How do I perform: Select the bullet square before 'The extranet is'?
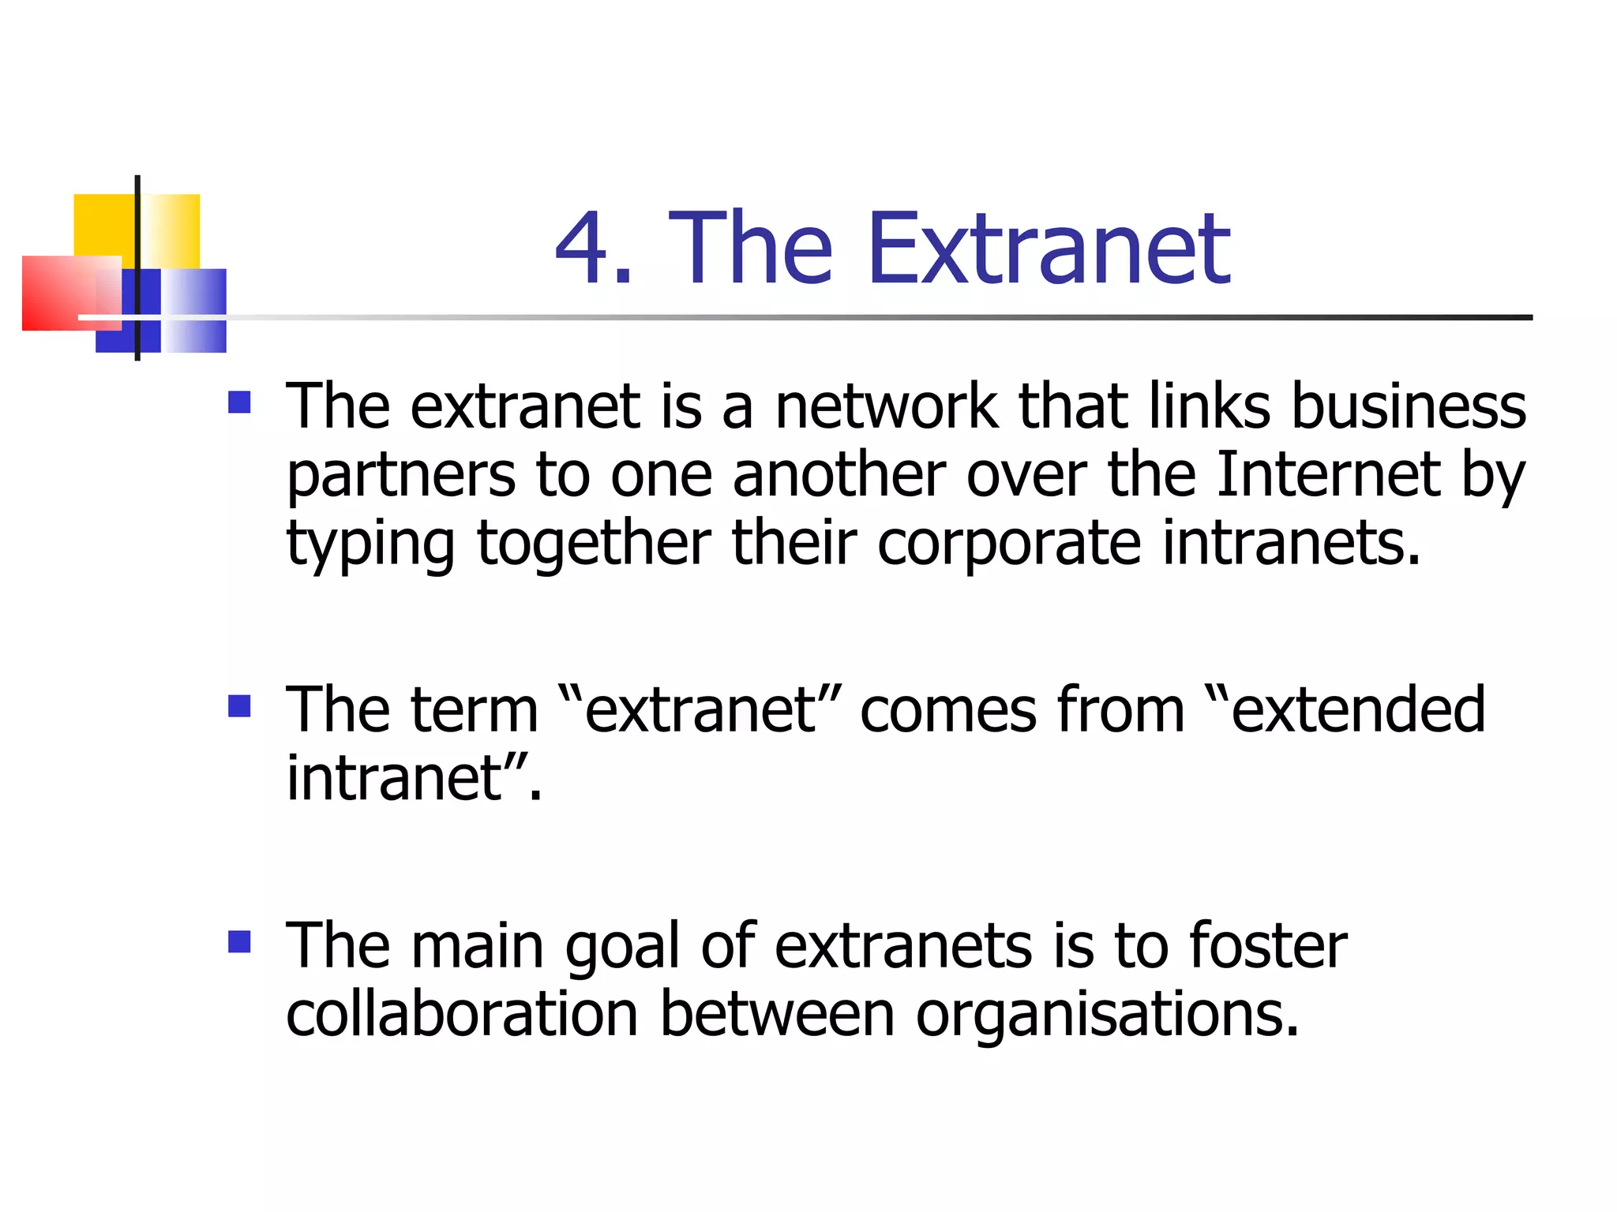[239, 403]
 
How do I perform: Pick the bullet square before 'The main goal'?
[239, 941]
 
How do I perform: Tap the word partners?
[401, 476]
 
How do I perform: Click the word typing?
[370, 544]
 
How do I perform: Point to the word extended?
[1357, 709]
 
